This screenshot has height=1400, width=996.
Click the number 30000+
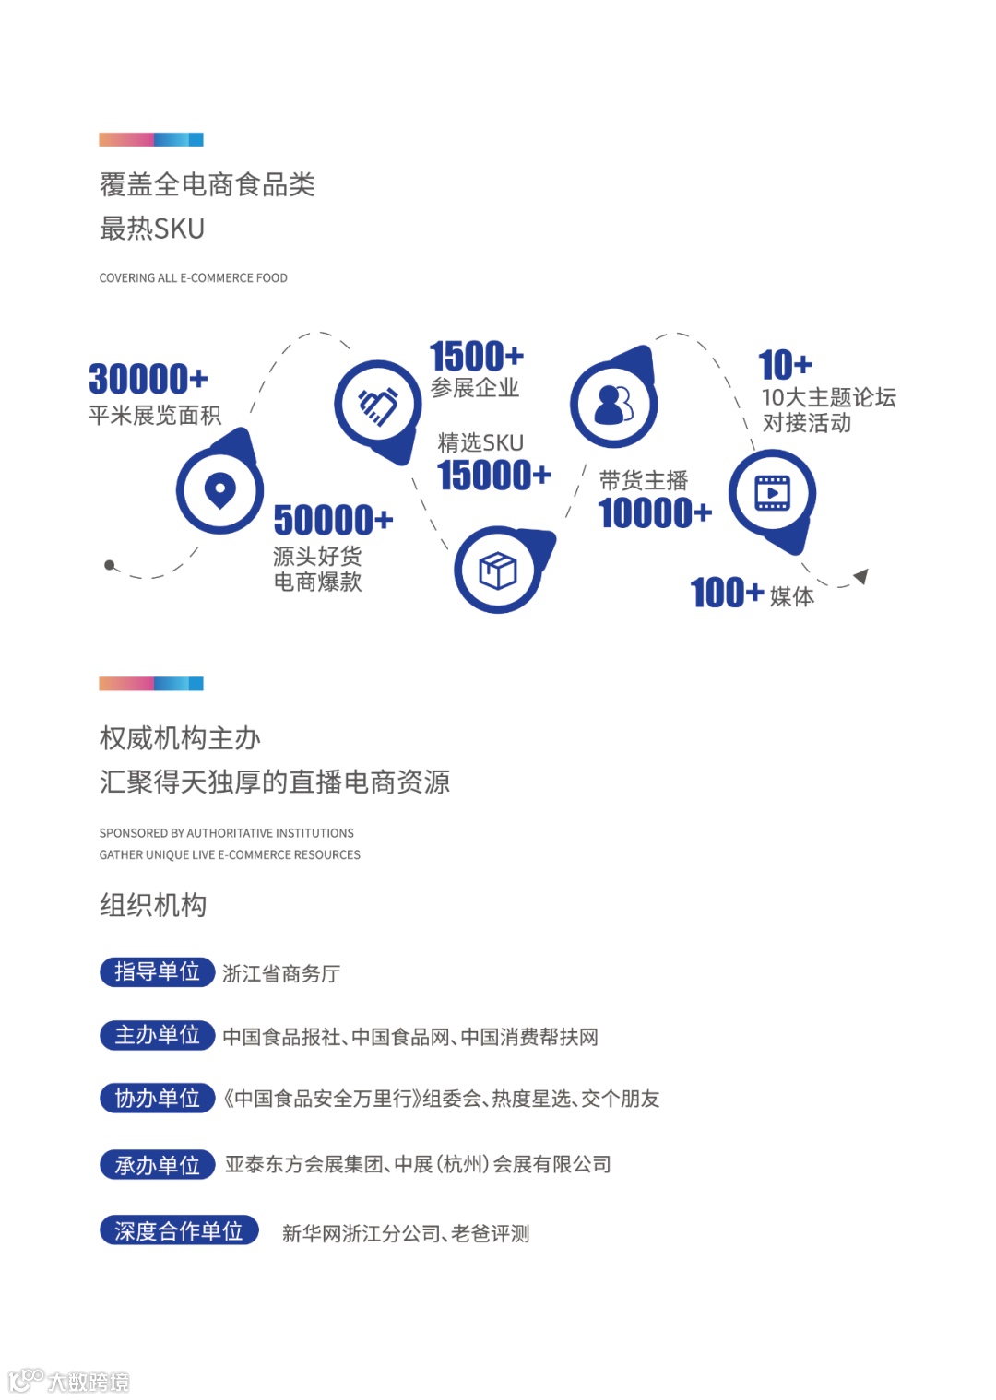148,379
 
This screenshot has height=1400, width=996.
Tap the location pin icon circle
219,489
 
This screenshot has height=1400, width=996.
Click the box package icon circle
498,570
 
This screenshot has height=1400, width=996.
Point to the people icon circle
613,404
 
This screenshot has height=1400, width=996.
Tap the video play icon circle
772,493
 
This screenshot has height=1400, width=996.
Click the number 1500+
476,356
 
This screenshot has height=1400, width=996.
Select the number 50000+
333,520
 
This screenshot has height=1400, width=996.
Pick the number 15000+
493,476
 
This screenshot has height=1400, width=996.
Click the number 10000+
655,513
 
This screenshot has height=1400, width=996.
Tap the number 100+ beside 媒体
727,593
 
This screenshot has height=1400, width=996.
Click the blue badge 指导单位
157,971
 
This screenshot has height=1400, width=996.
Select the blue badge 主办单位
157,1035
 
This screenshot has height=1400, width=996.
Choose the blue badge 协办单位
157,1098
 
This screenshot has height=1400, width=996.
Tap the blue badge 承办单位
157,1165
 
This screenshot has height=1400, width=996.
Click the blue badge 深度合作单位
179,1230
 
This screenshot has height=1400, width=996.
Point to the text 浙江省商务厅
281,973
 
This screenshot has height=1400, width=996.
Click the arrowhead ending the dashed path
861,577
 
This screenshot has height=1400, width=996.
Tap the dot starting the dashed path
110,565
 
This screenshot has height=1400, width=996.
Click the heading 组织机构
153,905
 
